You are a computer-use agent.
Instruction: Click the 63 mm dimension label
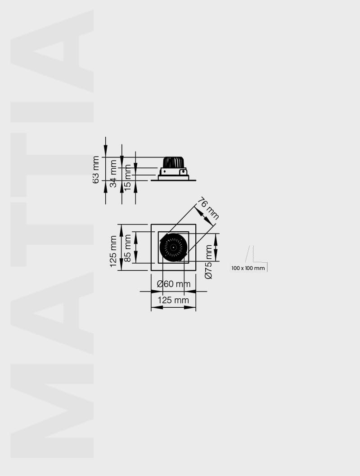pyautogui.click(x=95, y=170)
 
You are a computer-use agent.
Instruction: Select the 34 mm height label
pyautogui.click(x=113, y=174)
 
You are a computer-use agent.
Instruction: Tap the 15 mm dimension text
pyautogui.click(x=128, y=178)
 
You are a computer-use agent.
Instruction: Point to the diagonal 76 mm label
pyautogui.click(x=208, y=208)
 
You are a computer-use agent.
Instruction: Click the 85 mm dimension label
pyautogui.click(x=128, y=248)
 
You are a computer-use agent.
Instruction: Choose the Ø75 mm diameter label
pyautogui.click(x=208, y=262)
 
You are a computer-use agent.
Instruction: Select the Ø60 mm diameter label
pyautogui.click(x=174, y=284)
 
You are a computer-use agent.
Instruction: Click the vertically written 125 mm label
pyautogui.click(x=113, y=251)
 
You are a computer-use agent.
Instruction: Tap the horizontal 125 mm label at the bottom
pyautogui.click(x=173, y=300)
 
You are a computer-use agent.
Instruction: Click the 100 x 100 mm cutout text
pyautogui.click(x=248, y=268)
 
